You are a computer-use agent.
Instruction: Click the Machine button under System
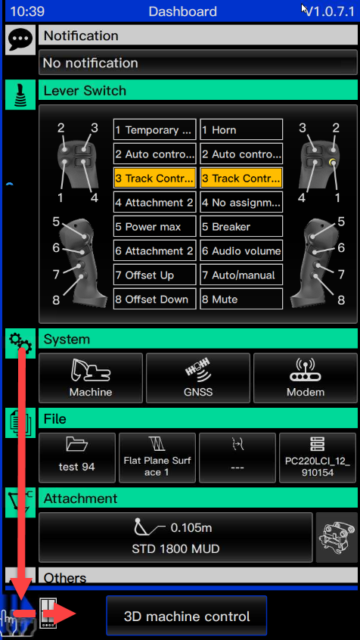click(x=91, y=378)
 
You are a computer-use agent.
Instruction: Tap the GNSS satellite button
click(x=198, y=378)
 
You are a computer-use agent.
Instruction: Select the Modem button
click(x=306, y=378)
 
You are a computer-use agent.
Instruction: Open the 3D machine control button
click(x=187, y=616)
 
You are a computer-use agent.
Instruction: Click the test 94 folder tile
click(x=77, y=458)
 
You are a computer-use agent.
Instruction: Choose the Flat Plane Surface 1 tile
click(x=157, y=458)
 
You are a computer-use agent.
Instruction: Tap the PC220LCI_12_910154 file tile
click(x=318, y=458)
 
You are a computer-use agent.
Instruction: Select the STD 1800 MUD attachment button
click(x=175, y=538)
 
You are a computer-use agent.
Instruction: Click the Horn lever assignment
click(x=241, y=130)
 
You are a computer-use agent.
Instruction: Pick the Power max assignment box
click(x=155, y=226)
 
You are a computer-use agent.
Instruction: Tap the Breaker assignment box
click(x=241, y=226)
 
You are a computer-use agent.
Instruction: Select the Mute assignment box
click(x=241, y=299)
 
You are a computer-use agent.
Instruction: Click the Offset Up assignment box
click(x=155, y=275)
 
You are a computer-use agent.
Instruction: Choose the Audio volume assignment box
click(x=241, y=251)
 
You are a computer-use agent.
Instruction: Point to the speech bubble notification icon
click(x=20, y=39)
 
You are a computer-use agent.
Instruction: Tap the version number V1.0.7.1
click(x=331, y=11)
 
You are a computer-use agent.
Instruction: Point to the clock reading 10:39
click(x=27, y=11)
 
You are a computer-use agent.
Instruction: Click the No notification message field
click(x=198, y=63)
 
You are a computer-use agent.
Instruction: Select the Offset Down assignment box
click(x=155, y=299)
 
